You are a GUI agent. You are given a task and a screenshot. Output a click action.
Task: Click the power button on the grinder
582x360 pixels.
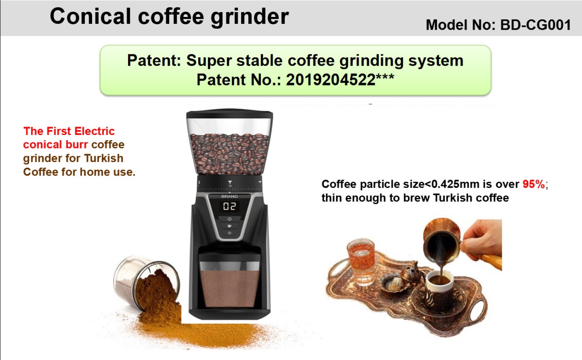pos(229,233)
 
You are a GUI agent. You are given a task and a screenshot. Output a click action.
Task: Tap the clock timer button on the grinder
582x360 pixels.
pos(229,219)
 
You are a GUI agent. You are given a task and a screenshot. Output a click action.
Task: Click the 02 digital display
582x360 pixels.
pos(229,206)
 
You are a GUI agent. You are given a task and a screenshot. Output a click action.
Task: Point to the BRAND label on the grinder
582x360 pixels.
pos(229,196)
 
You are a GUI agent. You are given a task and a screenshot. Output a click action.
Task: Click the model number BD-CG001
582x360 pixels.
pos(535,25)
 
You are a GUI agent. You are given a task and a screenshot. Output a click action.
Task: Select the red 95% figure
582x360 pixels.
pos(533,184)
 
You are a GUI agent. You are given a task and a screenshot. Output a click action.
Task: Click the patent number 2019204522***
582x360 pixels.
pos(340,80)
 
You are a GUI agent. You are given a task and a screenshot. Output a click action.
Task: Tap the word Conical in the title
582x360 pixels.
pos(90,16)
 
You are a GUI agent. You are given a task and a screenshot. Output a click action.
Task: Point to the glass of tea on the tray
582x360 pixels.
pos(361,260)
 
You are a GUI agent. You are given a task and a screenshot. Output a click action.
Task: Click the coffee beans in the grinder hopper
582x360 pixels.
pos(229,153)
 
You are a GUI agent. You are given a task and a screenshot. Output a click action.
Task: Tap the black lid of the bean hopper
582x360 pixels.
pos(229,114)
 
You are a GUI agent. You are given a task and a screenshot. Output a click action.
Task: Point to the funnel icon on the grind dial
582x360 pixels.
pos(230,182)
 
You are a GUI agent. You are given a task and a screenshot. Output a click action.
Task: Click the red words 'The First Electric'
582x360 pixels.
pos(69,131)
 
